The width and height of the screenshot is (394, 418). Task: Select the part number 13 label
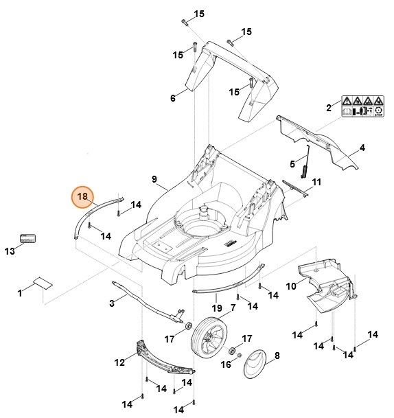[10, 251]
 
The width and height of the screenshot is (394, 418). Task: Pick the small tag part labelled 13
[28, 238]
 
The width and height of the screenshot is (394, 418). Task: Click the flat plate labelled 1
[43, 281]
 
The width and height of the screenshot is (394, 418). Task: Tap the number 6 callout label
[173, 98]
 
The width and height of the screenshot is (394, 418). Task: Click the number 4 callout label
[362, 148]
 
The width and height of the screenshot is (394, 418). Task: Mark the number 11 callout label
[316, 183]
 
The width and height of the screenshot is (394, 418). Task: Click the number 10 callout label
[291, 286]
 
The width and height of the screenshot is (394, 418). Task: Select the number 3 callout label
[111, 303]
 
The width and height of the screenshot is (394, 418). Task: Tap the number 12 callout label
[119, 362]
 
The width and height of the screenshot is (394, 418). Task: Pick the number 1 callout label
[20, 293]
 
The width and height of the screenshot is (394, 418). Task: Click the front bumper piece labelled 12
[165, 360]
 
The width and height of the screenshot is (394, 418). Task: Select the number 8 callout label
[277, 356]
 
